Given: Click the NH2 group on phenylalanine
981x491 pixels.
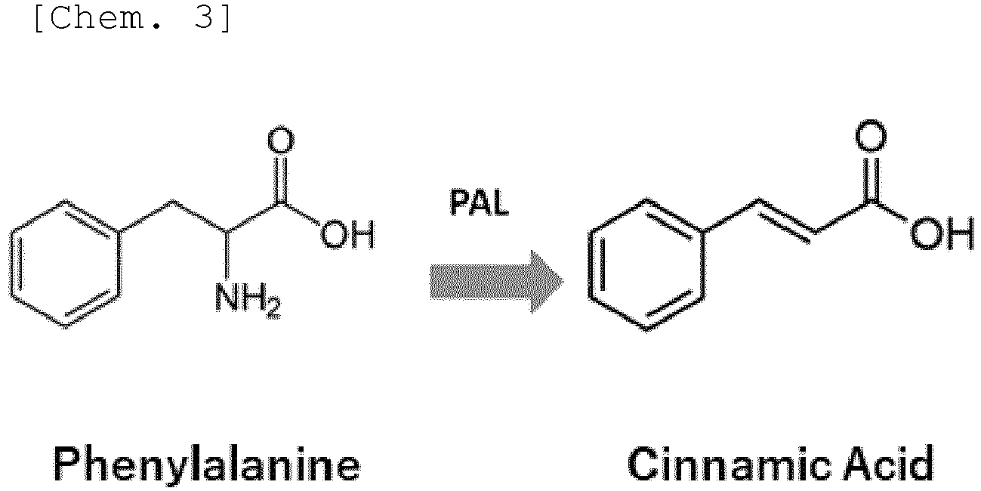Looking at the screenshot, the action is [x=248, y=300].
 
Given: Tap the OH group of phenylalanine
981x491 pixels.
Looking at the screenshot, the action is [x=348, y=234].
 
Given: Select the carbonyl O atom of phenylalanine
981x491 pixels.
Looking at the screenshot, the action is [x=281, y=140].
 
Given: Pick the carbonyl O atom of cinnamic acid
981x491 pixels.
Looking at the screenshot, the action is [x=871, y=135].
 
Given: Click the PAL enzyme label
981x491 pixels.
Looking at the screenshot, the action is [x=480, y=202].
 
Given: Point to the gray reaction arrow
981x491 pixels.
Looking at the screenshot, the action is [x=497, y=282].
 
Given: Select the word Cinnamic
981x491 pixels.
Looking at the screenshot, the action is [x=730, y=463].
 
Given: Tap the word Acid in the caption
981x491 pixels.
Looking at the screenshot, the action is [x=889, y=463].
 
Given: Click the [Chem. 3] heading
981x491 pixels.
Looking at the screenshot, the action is [x=132, y=19].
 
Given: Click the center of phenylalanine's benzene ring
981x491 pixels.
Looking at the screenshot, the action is [x=65, y=264].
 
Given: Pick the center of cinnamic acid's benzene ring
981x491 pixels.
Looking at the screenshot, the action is [x=646, y=264].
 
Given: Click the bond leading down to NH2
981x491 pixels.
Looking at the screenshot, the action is [x=227, y=255].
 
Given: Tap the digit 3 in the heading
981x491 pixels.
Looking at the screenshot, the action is [x=204, y=18].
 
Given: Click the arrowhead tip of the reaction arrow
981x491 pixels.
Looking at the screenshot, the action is [x=565, y=282].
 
